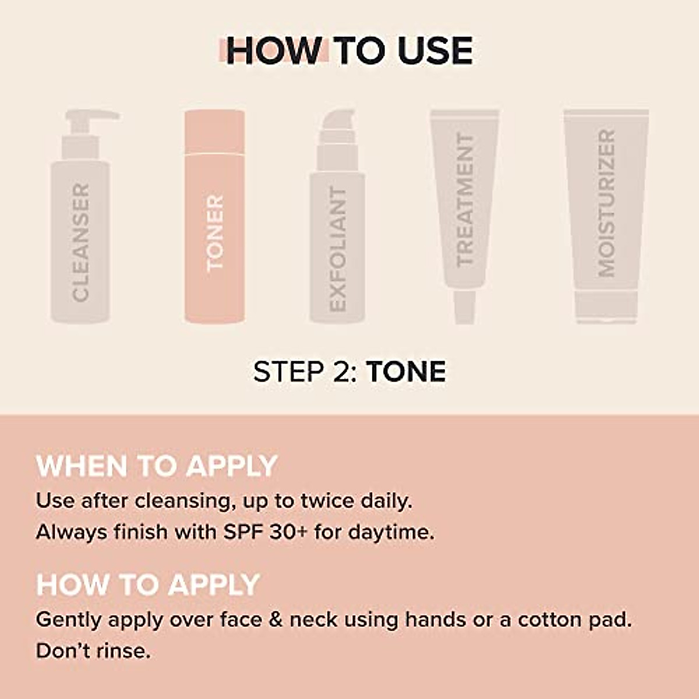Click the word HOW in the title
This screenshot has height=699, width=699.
[x=273, y=51]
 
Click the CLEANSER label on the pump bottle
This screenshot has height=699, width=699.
[x=81, y=242]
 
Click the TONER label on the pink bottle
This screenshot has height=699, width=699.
[x=215, y=233]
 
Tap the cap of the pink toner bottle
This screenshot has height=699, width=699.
[x=214, y=132]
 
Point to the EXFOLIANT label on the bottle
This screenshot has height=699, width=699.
[x=338, y=249]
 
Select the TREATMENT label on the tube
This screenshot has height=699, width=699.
[x=464, y=200]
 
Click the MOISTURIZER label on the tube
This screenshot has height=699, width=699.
[x=606, y=203]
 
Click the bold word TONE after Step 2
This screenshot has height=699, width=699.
[x=406, y=372]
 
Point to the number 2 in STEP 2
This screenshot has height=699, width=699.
[x=343, y=372]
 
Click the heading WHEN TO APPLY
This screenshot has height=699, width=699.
[x=156, y=466]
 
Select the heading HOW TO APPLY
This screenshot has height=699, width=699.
[x=148, y=584]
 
